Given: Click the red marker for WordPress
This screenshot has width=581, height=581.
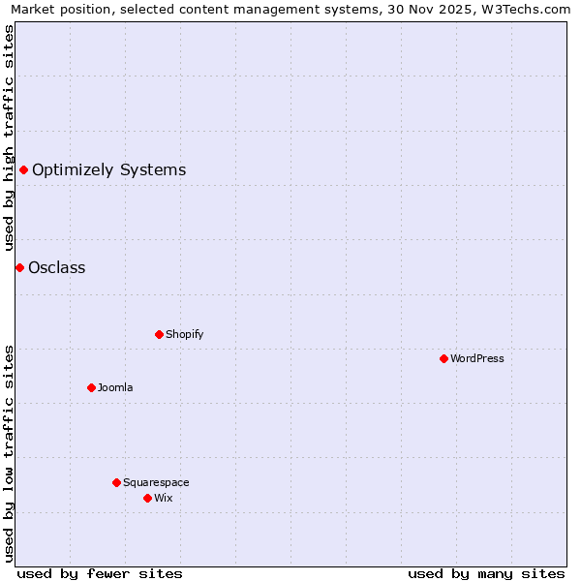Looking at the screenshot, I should (x=443, y=358).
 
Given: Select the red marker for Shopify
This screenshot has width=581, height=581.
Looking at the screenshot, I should (x=159, y=334).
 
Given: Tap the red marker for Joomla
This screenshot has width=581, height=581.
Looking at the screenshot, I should (x=91, y=387).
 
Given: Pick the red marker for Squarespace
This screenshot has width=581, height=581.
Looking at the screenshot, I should (x=116, y=482).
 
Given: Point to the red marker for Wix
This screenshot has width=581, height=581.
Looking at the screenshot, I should (x=147, y=498).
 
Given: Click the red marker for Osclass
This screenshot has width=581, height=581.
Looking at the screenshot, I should (x=19, y=267).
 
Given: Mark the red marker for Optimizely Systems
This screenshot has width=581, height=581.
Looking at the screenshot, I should (x=23, y=170).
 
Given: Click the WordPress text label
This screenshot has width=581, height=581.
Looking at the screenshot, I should (x=477, y=358).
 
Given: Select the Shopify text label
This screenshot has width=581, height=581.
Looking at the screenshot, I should (x=185, y=334).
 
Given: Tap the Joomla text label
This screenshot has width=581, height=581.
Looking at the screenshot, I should (x=115, y=387).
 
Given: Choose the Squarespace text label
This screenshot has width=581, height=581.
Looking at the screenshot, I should (x=156, y=482).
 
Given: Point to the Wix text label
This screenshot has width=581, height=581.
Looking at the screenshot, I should (x=164, y=498).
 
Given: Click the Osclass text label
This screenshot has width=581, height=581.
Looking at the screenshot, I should (x=57, y=268).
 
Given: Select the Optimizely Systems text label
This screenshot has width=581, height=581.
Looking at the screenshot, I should (x=109, y=170).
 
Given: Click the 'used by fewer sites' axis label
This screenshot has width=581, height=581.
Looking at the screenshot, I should (x=100, y=573).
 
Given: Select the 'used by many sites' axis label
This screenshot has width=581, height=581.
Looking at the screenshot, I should (x=486, y=573).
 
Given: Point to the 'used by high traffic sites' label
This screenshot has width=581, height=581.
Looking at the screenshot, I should (x=10, y=138).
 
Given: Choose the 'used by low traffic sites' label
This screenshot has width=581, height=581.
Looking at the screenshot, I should (x=10, y=452).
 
